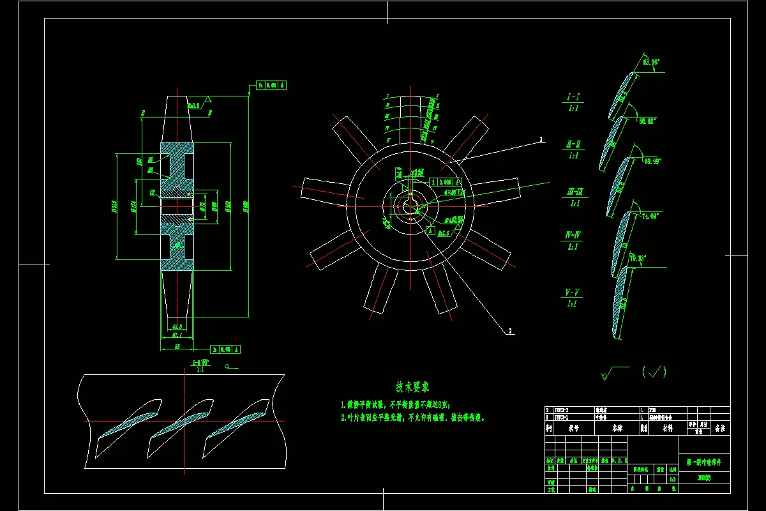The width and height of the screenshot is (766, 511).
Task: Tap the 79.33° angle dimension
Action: tap(638, 259)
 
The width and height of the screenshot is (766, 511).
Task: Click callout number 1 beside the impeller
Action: tap(541, 139)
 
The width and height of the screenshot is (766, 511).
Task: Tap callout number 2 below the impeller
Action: tap(511, 331)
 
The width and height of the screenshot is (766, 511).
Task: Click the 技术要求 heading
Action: tap(412, 386)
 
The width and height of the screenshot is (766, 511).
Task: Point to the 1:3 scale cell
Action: tap(672, 479)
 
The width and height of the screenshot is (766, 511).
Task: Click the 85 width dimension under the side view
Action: tap(177, 346)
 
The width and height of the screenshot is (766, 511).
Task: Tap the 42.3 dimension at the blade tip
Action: tap(177, 326)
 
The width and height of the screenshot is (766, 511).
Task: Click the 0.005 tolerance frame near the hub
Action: tap(450, 181)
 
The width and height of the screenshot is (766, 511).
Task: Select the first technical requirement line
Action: tap(396, 404)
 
